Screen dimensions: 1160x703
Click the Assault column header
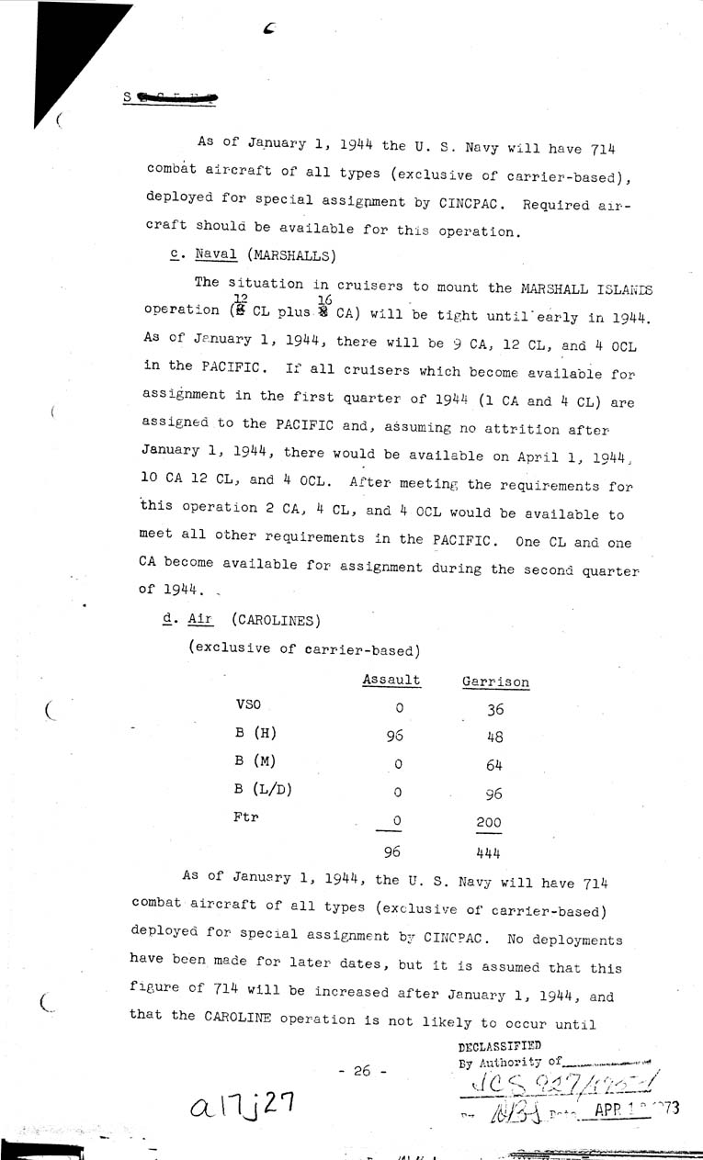(x=391, y=681)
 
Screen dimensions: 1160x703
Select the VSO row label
(x=249, y=704)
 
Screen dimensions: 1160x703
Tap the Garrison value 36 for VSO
(x=494, y=709)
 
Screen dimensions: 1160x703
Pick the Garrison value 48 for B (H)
(x=494, y=736)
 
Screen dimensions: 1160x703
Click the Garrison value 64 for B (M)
(x=494, y=764)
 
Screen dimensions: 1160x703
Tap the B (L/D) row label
(x=260, y=788)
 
